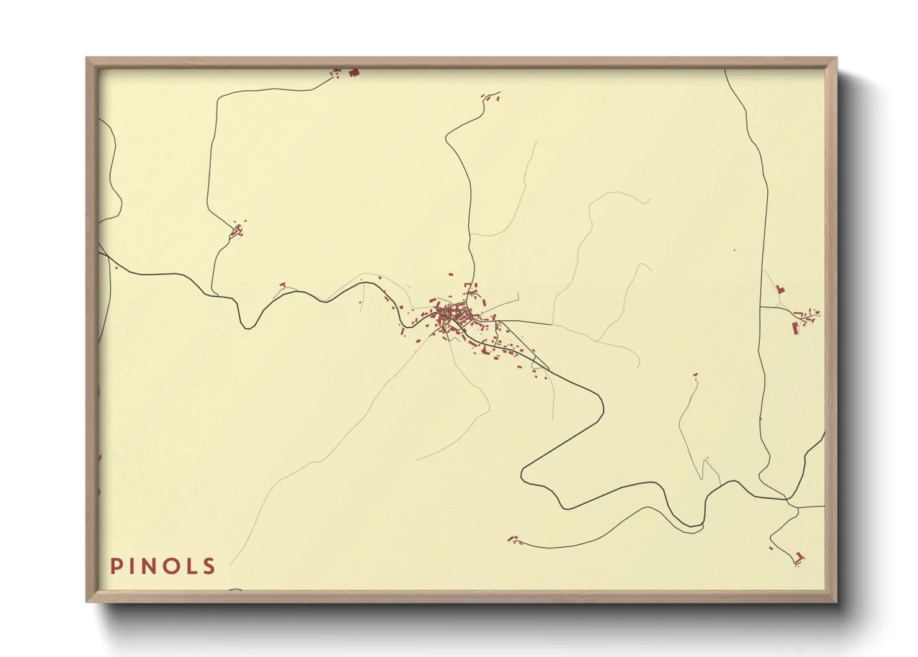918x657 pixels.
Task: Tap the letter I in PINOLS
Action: pyautogui.click(x=132, y=566)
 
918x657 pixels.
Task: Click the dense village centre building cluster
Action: pyautogui.click(x=448, y=315)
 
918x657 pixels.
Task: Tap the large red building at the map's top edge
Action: pyautogui.click(x=354, y=73)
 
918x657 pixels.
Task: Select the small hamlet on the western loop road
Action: pyautogui.click(x=236, y=230)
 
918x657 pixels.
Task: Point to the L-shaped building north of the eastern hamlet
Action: pyautogui.click(x=780, y=289)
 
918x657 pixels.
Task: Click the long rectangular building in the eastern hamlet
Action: pyautogui.click(x=795, y=328)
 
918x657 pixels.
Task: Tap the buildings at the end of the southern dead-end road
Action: pyautogui.click(x=513, y=539)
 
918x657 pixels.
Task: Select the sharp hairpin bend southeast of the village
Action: pyautogui.click(x=524, y=475)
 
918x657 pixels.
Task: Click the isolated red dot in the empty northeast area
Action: pyautogui.click(x=734, y=250)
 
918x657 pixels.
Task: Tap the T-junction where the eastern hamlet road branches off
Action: pyautogui.click(x=761, y=307)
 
